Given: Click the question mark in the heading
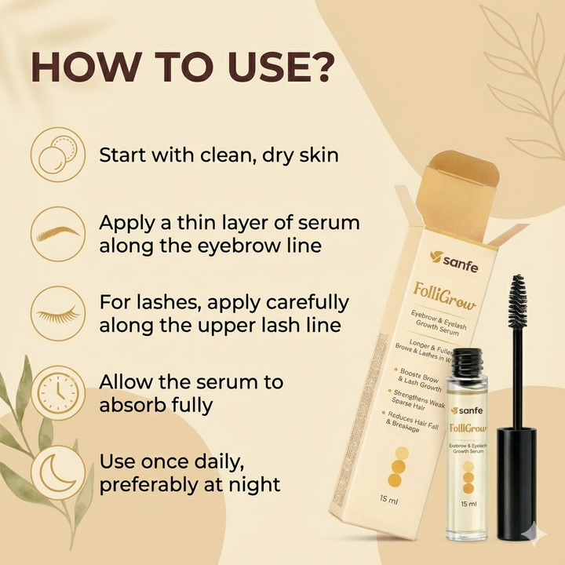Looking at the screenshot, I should pos(315,69).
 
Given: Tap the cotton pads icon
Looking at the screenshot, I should pos(57,154).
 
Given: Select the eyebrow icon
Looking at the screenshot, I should pos(57,233).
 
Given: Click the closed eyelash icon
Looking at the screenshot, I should pos(57,313).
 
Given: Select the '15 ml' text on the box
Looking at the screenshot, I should pos(388,498).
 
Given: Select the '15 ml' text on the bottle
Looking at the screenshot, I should pos(468,504).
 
